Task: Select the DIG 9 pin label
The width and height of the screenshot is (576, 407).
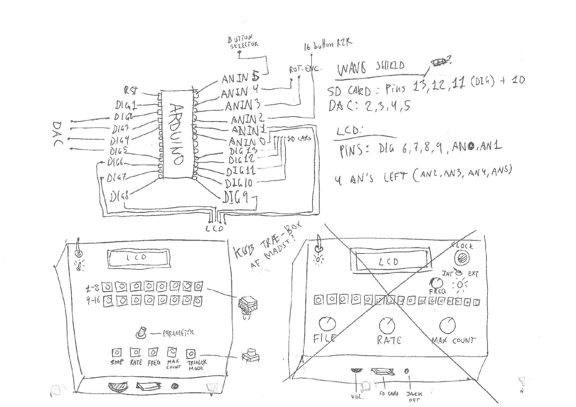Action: pos(235,197)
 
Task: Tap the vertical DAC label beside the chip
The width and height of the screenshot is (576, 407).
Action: pos(58,134)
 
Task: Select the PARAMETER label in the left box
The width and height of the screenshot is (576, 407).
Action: pos(178,333)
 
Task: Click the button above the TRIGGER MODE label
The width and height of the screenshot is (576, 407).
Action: pos(191,354)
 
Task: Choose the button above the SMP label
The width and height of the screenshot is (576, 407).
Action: pos(117,353)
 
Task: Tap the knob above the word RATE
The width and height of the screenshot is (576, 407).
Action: pos(387,324)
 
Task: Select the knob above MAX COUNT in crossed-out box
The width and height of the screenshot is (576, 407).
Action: pos(447,325)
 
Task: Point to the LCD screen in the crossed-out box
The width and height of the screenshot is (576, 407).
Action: pos(389,262)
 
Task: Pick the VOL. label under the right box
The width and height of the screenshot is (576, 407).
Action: pos(357,397)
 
